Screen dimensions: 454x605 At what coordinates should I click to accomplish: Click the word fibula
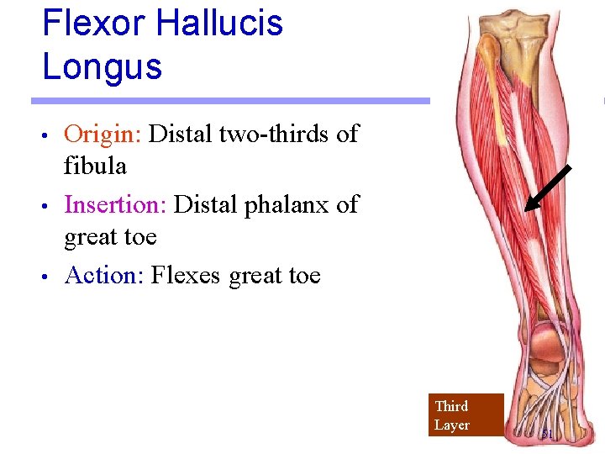click(x=95, y=166)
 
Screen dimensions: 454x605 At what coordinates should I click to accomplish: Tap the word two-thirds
click(x=276, y=135)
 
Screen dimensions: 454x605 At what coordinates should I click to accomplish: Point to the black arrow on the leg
click(x=548, y=187)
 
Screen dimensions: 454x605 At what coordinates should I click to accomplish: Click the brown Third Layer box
click(x=466, y=415)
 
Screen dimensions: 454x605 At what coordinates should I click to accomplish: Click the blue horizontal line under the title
click(x=230, y=101)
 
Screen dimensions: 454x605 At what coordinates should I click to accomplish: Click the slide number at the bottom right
click(x=547, y=435)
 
